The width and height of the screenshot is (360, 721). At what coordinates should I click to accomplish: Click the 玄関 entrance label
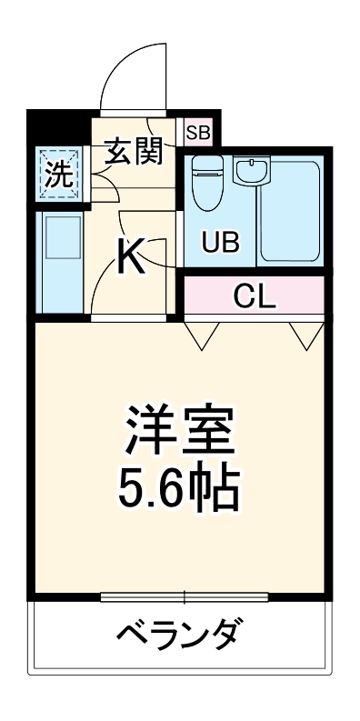(136, 152)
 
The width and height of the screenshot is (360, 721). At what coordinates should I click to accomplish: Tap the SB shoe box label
(197, 133)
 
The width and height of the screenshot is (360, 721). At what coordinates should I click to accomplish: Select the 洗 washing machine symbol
(59, 174)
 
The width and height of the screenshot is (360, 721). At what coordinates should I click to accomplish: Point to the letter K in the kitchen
(133, 258)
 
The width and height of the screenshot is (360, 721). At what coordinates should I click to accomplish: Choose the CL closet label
(255, 295)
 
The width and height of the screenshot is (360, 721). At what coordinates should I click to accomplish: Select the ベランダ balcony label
(180, 632)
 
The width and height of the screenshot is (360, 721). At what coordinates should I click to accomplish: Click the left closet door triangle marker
(203, 335)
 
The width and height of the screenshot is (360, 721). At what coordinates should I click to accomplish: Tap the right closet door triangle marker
(305, 335)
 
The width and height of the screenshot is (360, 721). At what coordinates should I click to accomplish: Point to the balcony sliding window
(185, 596)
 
